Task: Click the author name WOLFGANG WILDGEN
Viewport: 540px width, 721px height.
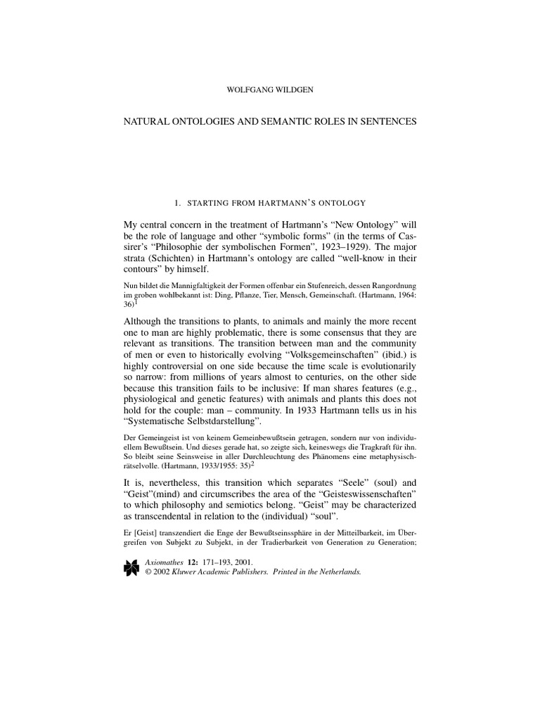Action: pos(270,89)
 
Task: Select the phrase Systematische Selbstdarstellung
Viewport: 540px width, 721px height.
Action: pos(192,421)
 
